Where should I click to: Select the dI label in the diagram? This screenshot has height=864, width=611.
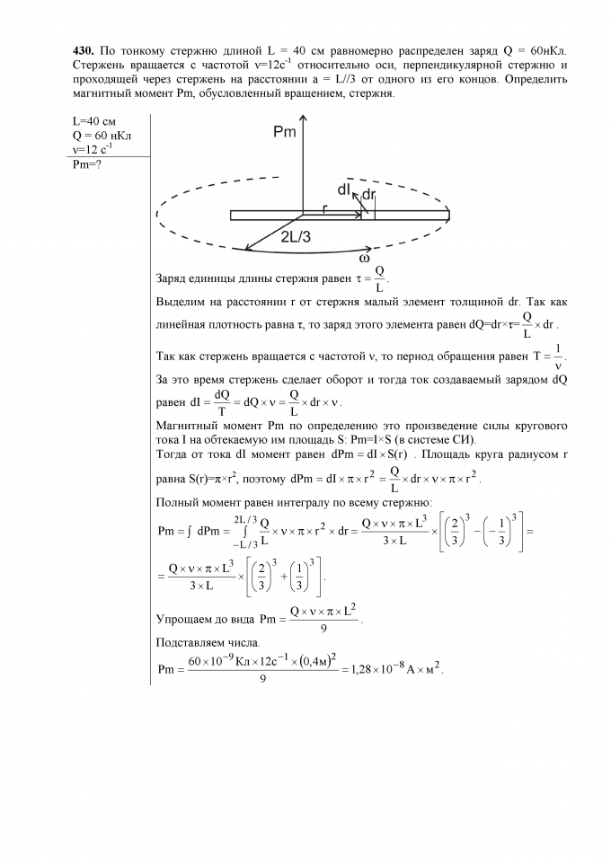point(344,190)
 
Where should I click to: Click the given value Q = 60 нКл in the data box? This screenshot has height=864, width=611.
point(99,136)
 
